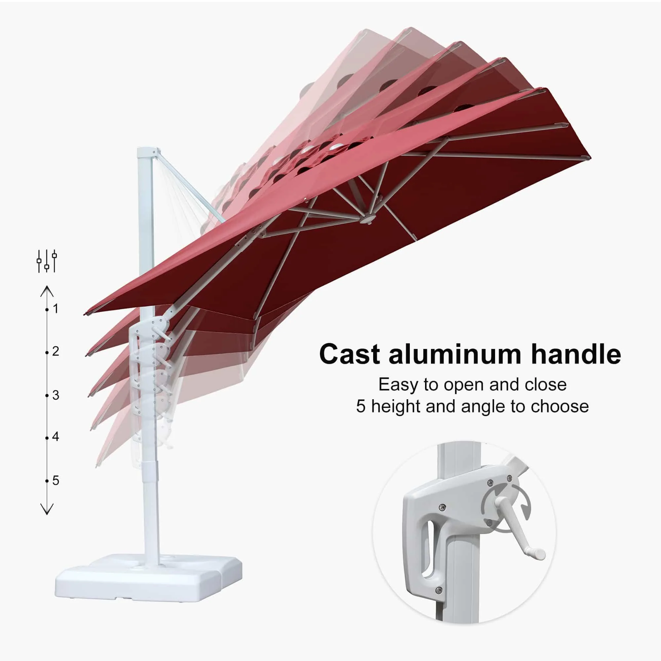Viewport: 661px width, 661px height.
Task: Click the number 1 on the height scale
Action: pyautogui.click(x=56, y=309)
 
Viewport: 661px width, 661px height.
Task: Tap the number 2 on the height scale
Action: pyautogui.click(x=56, y=351)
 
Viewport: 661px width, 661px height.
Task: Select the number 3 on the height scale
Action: pyautogui.click(x=56, y=395)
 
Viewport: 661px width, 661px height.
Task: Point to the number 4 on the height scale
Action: pyautogui.click(x=56, y=437)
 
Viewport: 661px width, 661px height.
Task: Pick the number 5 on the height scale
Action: pyautogui.click(x=56, y=481)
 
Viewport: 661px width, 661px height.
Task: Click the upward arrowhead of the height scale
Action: pyautogui.click(x=47, y=292)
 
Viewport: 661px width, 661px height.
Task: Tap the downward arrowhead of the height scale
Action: pyautogui.click(x=47, y=509)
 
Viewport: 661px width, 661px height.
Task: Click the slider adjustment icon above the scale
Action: pyautogui.click(x=47, y=261)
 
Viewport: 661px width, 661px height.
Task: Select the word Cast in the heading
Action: pyautogui.click(x=350, y=354)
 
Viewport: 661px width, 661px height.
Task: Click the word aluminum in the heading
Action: pyautogui.click(x=455, y=354)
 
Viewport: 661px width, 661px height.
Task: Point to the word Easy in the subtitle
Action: pyautogui.click(x=398, y=385)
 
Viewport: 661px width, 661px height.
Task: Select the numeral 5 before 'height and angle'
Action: pyautogui.click(x=361, y=407)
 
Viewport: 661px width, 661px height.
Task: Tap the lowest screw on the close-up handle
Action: pyautogui.click(x=439, y=590)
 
